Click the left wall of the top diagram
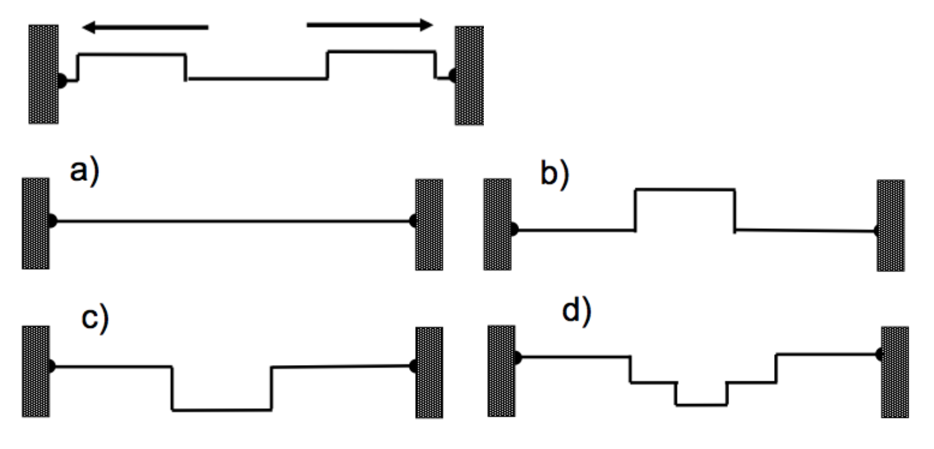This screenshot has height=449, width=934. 44,74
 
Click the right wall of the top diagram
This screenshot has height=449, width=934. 469,75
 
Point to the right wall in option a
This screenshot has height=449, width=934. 429,224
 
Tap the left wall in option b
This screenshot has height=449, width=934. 498,224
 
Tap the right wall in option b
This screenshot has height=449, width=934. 890,226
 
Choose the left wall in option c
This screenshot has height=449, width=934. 36,371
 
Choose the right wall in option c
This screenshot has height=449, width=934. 429,372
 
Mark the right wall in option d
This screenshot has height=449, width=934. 895,372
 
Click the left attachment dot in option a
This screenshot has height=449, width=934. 52,221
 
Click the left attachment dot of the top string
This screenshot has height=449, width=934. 61,81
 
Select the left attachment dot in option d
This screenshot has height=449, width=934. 517,357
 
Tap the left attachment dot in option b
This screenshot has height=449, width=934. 514,229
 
